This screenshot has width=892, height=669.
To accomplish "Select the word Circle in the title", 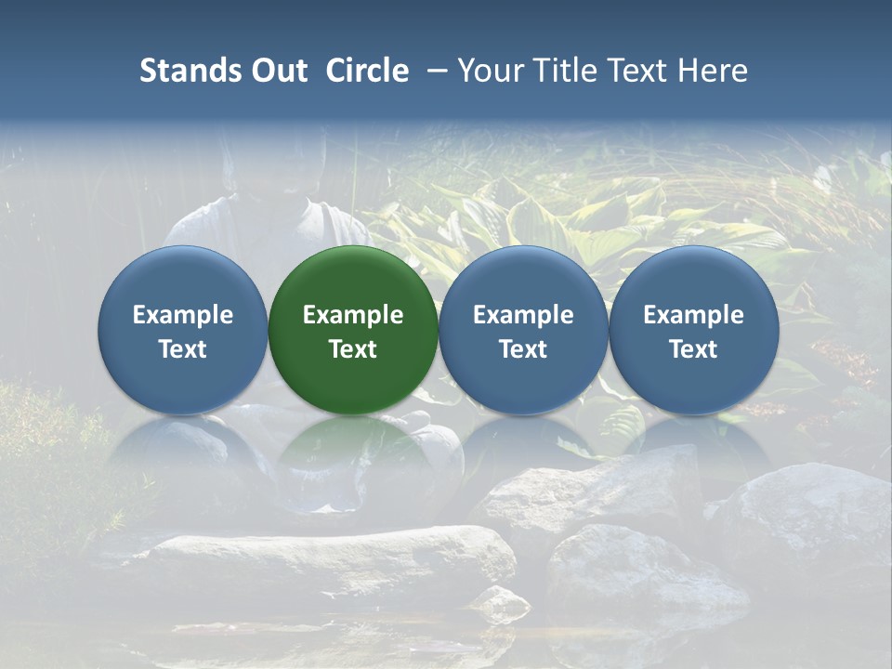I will pos(367,71).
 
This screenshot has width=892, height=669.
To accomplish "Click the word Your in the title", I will pos(487,71).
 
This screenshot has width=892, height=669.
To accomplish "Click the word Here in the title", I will pos(714,71).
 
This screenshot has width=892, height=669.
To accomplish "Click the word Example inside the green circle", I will pos(353,315).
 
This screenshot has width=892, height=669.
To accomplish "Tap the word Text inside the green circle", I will pos(353,349).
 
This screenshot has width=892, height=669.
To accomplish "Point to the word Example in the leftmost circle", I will pos(183,315).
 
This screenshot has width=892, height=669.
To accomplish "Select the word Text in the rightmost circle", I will pos(693,349).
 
